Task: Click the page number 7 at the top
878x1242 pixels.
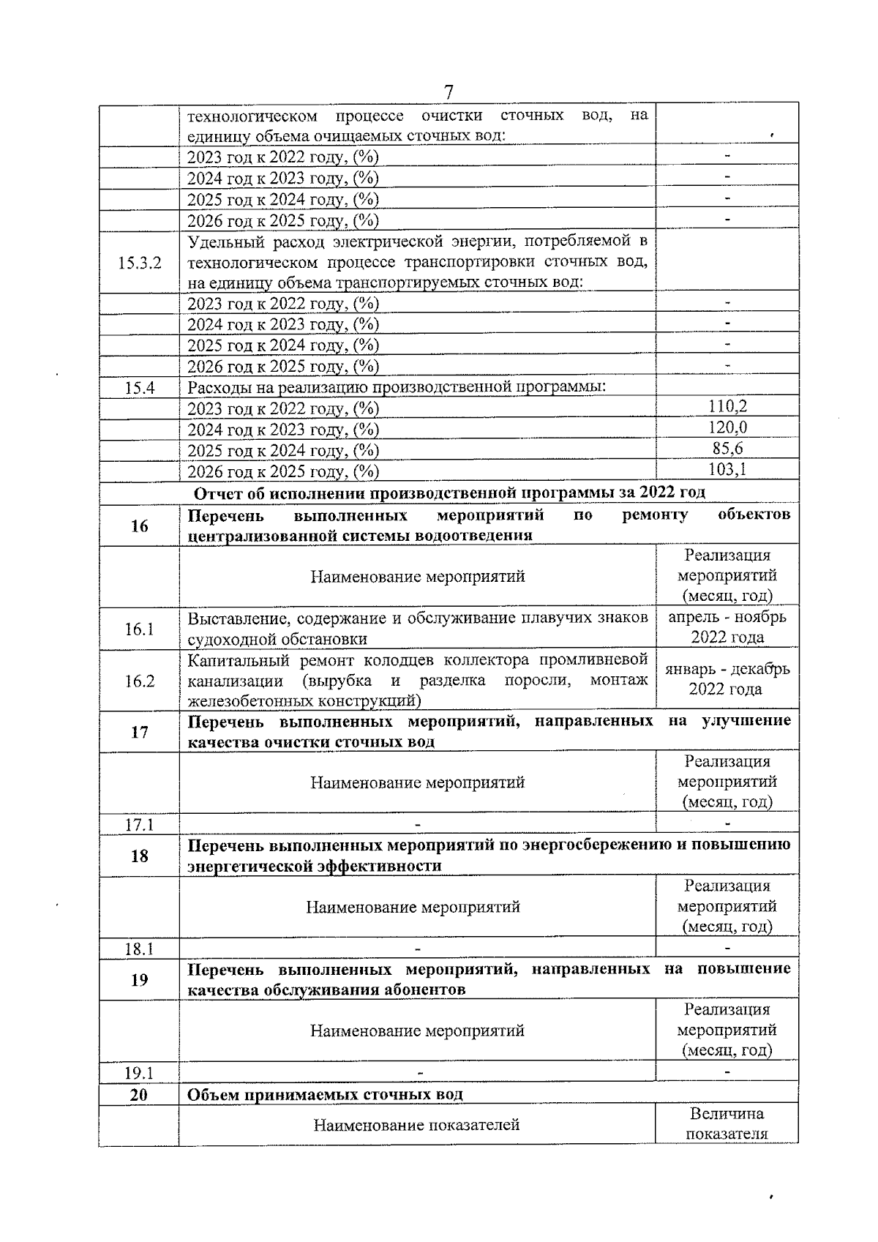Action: (x=449, y=92)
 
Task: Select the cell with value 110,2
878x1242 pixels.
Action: (x=727, y=407)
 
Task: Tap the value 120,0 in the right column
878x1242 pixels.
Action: (x=727, y=427)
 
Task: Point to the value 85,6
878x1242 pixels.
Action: (x=727, y=449)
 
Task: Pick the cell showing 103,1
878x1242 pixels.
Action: (x=727, y=469)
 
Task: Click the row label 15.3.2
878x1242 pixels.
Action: (x=139, y=262)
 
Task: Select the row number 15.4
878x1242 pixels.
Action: (x=139, y=387)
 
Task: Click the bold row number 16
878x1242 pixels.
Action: (x=139, y=525)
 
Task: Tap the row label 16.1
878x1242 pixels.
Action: (x=139, y=629)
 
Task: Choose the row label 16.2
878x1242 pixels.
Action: (x=139, y=681)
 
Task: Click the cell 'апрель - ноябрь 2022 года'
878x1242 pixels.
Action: (x=727, y=627)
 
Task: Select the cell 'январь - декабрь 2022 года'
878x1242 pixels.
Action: (x=727, y=679)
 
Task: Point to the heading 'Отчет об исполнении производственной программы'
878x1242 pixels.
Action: (x=449, y=493)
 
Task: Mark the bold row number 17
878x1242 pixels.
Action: (x=139, y=732)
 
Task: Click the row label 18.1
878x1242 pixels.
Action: (x=139, y=949)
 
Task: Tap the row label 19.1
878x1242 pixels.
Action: (x=139, y=1073)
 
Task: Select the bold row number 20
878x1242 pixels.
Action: (x=139, y=1094)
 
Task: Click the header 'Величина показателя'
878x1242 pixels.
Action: (x=727, y=1123)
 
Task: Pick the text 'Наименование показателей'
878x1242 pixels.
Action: (x=416, y=1124)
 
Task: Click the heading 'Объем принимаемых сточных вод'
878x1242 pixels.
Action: (x=325, y=1094)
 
